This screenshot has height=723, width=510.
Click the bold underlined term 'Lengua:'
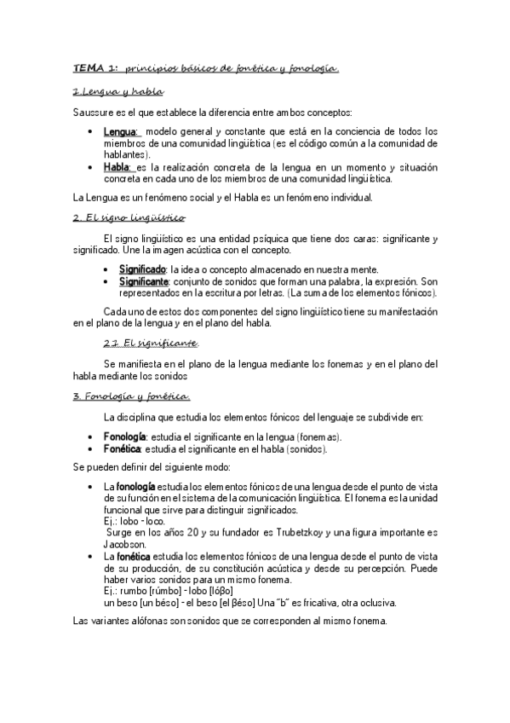coord(122,131)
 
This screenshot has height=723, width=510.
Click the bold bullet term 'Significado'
coord(142,269)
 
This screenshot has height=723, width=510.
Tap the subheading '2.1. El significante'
coord(151,343)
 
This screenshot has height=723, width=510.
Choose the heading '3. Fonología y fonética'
coord(131,396)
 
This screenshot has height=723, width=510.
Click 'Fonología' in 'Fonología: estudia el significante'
coord(124,437)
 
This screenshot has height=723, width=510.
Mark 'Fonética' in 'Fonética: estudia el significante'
coord(123,448)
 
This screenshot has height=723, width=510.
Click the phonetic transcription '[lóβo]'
coord(221,590)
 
